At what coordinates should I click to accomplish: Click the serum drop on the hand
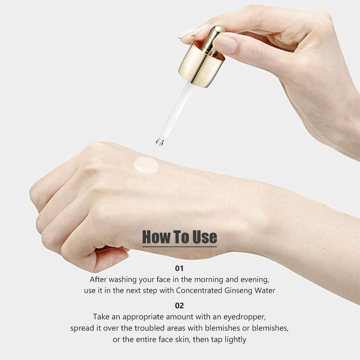[x=147, y=165]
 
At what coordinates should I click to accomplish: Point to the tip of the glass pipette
[x=160, y=142]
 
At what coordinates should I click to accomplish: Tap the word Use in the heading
[x=205, y=237]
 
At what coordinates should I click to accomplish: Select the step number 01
[x=179, y=268]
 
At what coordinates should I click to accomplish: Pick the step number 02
[x=179, y=306]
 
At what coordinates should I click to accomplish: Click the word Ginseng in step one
[x=238, y=291]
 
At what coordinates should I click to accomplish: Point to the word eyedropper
[x=244, y=317]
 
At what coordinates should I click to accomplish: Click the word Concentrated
[x=199, y=290]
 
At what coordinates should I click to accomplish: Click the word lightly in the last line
[x=235, y=340]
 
